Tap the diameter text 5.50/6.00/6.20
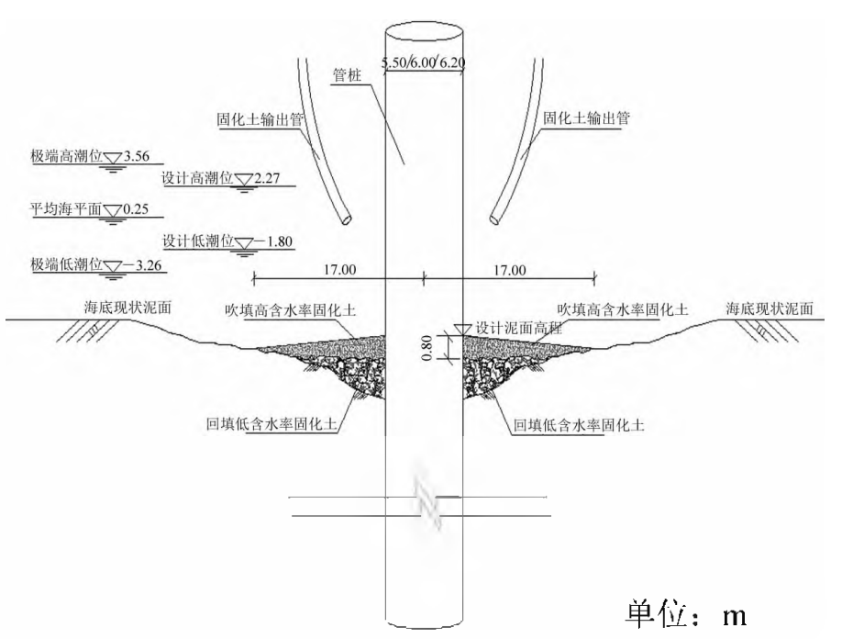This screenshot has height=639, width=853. click(424, 62)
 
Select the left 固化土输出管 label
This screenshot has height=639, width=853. click(253, 119)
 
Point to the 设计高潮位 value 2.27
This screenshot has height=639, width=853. click(268, 177)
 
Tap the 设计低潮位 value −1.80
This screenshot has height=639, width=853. click(274, 243)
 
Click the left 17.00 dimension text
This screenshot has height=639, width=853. click(339, 269)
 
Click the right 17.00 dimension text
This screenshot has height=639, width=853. click(510, 269)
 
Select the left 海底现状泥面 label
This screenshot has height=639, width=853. click(124, 308)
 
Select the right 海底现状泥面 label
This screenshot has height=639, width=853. click(769, 308)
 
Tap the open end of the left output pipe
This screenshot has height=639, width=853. click(347, 220)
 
